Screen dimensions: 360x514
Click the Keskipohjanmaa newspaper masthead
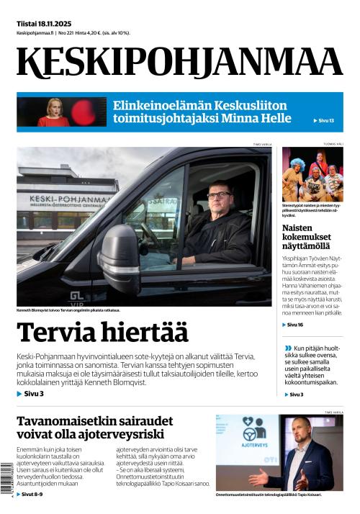tap(179, 62)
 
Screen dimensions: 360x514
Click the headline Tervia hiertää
tap(102, 333)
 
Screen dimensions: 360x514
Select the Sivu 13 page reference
tap(325, 120)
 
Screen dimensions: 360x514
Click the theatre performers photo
tap(312, 173)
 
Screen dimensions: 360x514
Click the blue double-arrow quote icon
tap(288, 348)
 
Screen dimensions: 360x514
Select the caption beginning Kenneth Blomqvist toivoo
tap(68, 310)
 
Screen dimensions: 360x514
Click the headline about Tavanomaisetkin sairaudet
tap(90, 427)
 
